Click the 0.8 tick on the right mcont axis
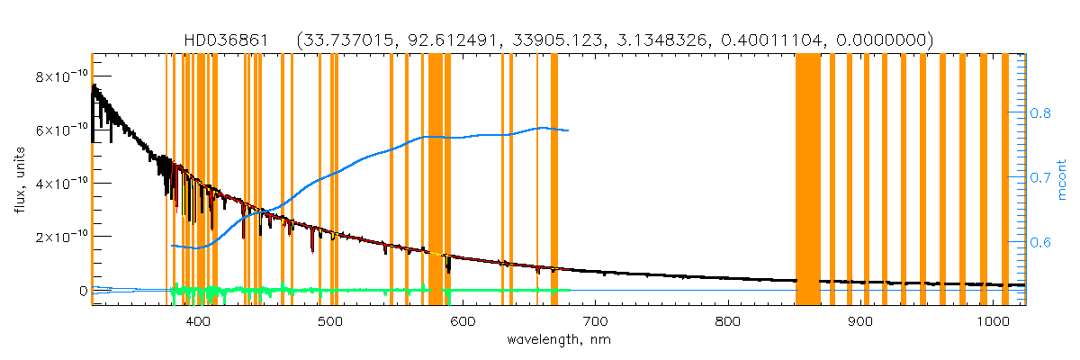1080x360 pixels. [1040, 113]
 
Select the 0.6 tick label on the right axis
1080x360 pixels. [1040, 242]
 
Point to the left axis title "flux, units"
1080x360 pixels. [19, 180]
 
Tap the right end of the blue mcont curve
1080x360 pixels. [568, 130]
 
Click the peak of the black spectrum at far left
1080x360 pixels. [93, 86]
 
